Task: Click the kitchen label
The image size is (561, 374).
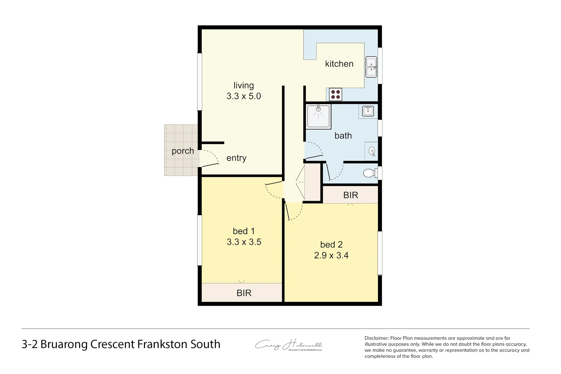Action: click(x=339, y=64)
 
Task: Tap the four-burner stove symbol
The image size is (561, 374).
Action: click(x=335, y=95)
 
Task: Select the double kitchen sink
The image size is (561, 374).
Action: click(x=371, y=67)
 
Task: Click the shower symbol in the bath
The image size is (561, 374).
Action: click(x=318, y=116)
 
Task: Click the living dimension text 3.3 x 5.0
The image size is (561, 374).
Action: click(x=244, y=96)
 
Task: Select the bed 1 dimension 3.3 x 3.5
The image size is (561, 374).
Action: click(x=244, y=242)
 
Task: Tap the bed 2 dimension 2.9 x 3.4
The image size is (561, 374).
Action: click(x=331, y=256)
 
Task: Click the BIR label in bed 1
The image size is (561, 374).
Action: click(x=244, y=293)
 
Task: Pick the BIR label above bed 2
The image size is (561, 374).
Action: click(x=351, y=195)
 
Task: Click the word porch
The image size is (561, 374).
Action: click(x=183, y=151)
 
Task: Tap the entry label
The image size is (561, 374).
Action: click(x=236, y=158)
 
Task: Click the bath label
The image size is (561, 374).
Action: click(x=343, y=136)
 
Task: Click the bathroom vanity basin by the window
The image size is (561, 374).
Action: click(x=368, y=111)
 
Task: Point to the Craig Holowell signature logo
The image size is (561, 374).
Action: click(x=289, y=345)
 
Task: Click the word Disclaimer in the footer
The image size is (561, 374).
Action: click(x=377, y=338)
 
